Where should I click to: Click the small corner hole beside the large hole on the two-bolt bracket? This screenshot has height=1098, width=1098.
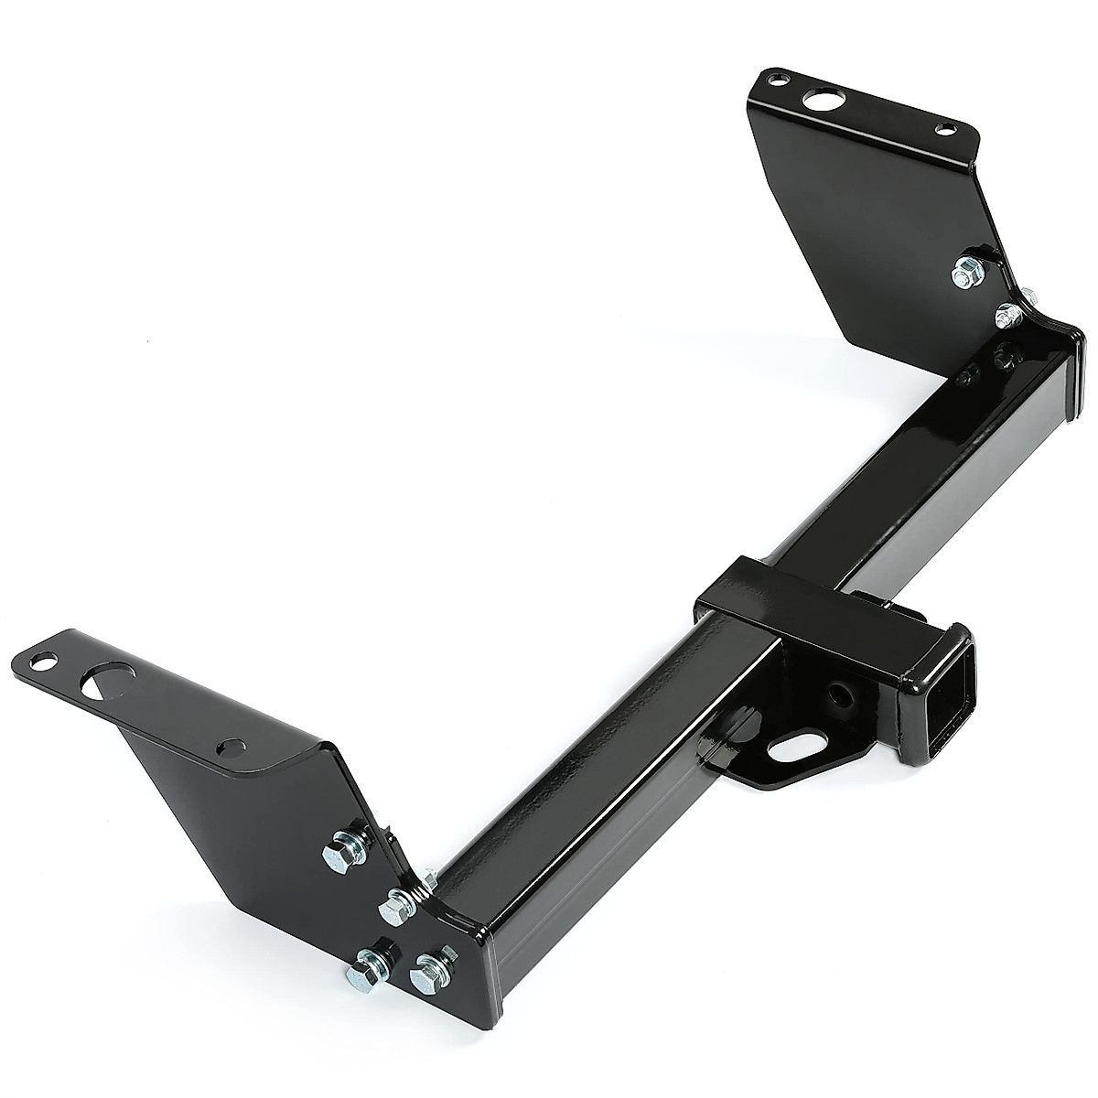coord(775,81)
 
